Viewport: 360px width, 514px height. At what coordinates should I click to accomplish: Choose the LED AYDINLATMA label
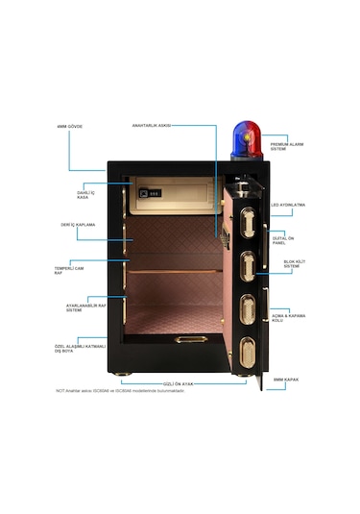coord(288,205)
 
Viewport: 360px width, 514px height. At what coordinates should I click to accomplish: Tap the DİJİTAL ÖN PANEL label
coord(285,240)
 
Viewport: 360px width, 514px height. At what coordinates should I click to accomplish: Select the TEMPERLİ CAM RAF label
coord(65,268)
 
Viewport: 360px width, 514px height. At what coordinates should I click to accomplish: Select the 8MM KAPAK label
coord(286,379)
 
